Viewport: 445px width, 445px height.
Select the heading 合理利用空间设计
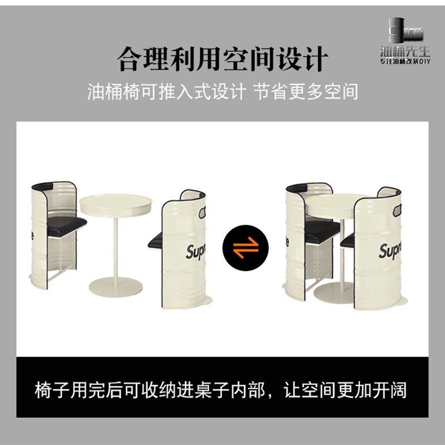coord(222,57)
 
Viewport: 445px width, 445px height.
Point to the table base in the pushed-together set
coord(334,293)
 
